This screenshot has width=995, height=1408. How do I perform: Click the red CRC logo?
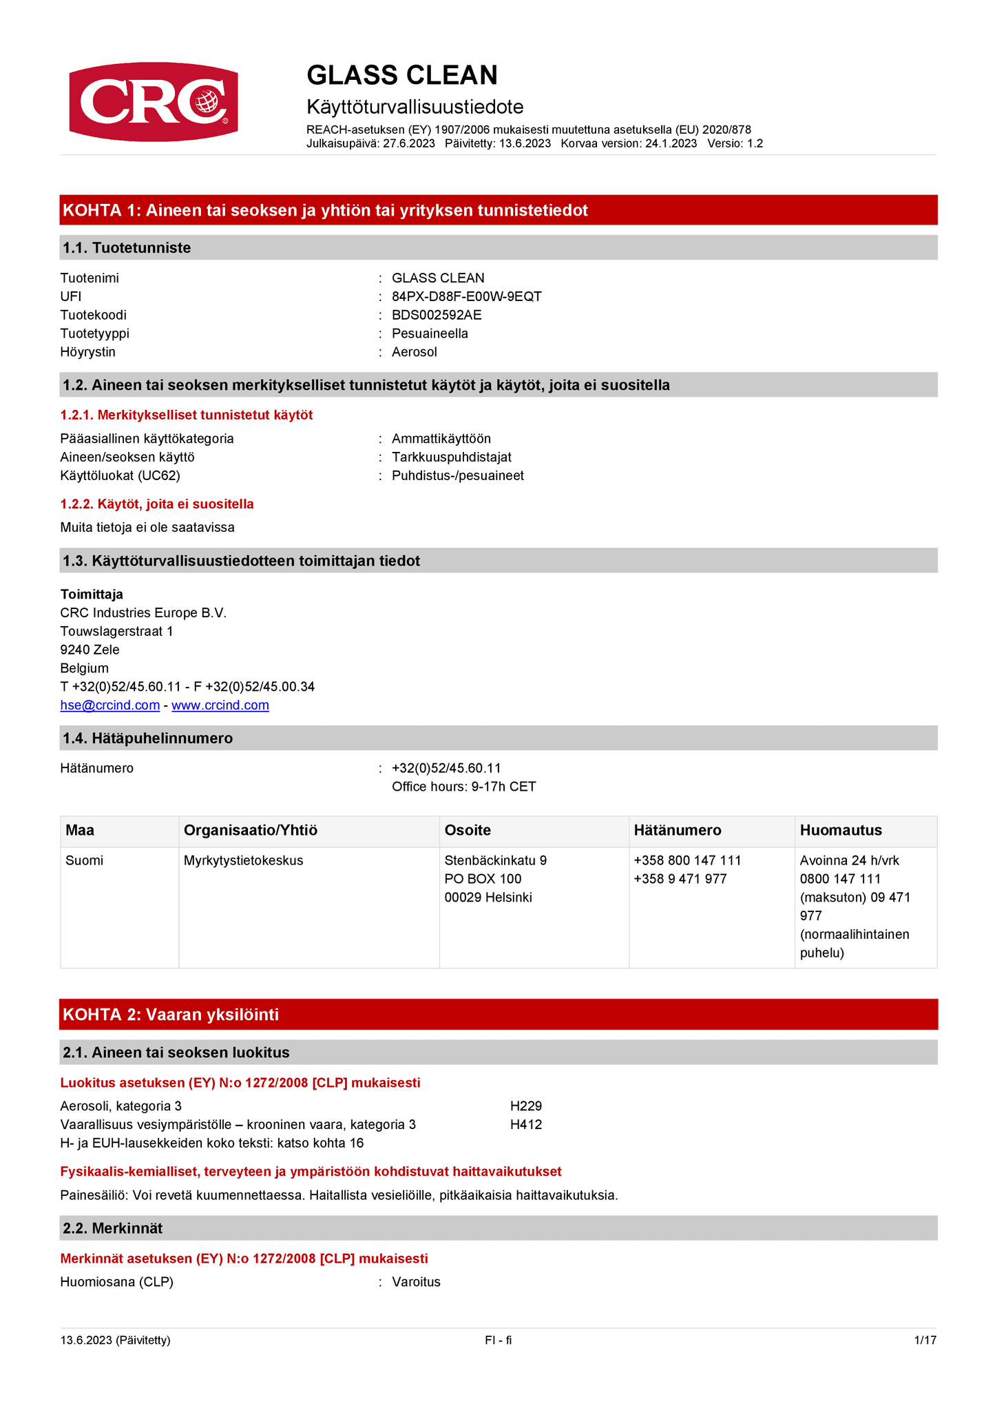click(154, 102)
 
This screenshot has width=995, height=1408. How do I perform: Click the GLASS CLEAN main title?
click(401, 75)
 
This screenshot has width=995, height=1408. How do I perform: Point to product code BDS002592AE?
click(437, 315)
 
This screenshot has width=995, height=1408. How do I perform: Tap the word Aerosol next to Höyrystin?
click(414, 352)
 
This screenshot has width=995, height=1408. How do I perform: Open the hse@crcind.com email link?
click(110, 705)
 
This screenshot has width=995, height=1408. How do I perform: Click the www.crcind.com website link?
click(220, 705)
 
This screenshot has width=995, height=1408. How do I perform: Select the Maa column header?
click(80, 830)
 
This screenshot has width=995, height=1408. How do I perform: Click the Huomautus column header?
click(841, 830)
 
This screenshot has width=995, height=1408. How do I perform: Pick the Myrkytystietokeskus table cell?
click(243, 860)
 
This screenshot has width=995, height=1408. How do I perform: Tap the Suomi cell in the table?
click(85, 860)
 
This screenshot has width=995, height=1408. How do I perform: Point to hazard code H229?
click(526, 1106)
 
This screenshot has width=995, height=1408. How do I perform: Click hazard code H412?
click(526, 1124)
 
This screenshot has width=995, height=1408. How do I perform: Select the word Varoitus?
click(416, 1282)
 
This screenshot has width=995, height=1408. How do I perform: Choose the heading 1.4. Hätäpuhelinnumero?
click(147, 738)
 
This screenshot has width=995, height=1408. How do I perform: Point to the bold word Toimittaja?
click(92, 594)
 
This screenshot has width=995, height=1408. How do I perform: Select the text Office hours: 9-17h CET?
click(463, 787)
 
